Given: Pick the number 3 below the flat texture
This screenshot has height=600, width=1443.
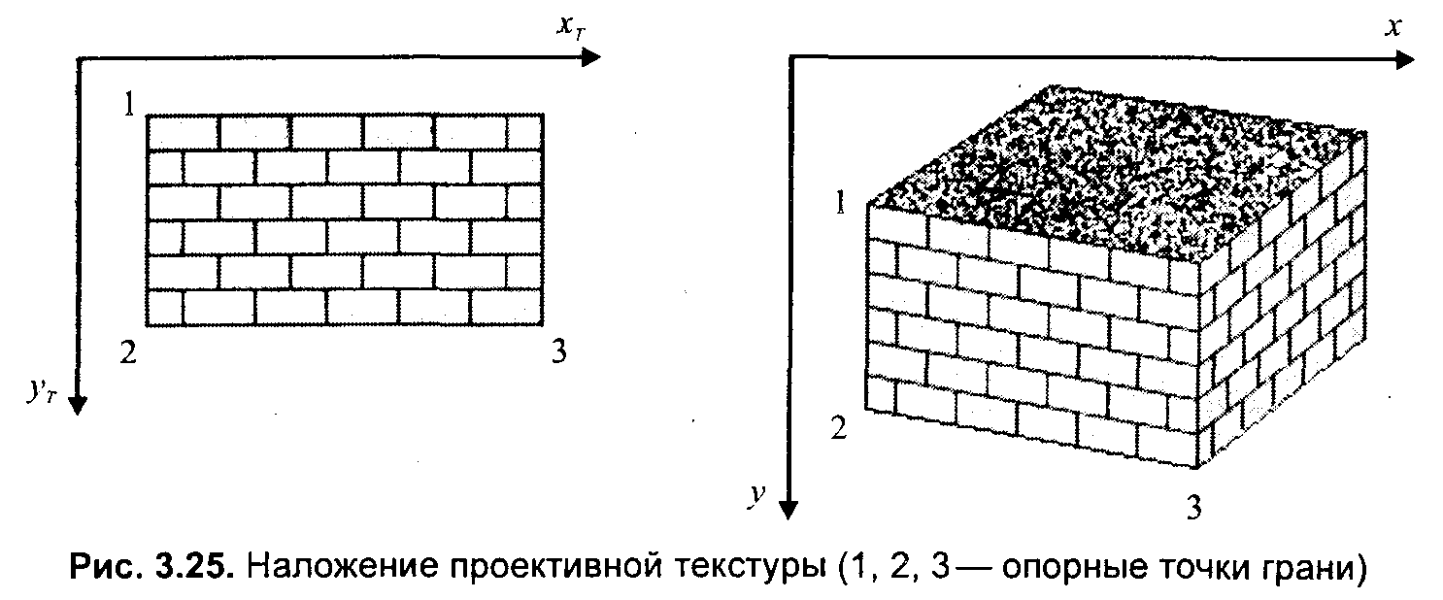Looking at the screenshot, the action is pyautogui.click(x=557, y=351).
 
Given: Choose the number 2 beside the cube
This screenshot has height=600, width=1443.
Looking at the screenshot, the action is pyautogui.click(x=837, y=427).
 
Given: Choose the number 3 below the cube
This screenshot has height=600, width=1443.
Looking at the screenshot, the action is pyautogui.click(x=1196, y=506).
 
